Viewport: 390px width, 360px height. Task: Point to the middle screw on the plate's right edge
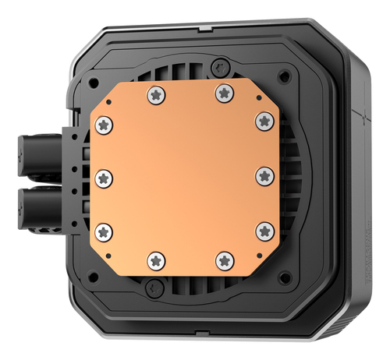coord(264,177)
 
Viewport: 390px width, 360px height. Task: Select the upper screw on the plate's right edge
coord(264,121)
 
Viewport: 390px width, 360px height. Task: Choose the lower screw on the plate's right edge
coord(264,231)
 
